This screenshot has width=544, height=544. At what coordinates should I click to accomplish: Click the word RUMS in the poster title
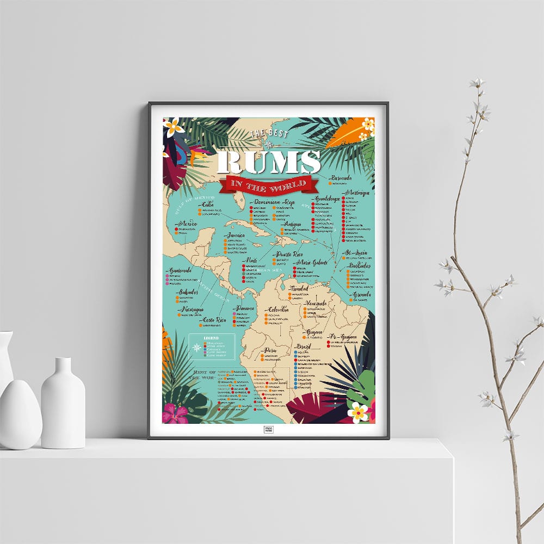coord(269,162)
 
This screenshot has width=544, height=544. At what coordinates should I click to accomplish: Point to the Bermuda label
coord(342,178)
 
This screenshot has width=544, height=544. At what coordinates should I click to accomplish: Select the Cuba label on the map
coord(208,204)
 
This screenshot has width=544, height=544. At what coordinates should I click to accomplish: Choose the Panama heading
coord(245,308)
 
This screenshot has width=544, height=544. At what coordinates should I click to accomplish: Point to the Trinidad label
coord(300,288)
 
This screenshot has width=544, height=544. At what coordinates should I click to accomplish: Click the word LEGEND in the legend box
coord(211,338)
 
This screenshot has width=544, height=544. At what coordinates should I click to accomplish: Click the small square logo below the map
coord(269,430)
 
